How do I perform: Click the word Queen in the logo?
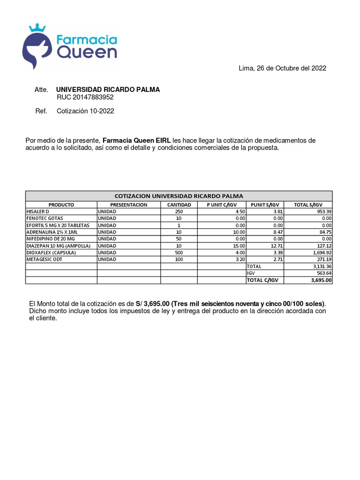coord(87,52)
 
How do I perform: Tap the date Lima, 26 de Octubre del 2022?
coord(282,68)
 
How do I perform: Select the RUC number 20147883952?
coord(85,97)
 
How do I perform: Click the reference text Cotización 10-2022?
coord(85,111)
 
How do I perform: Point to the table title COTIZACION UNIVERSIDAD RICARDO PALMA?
coord(179,196)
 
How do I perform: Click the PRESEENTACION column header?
coord(128,205)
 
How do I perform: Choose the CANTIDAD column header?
coord(179,205)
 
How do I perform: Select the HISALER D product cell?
coord(41,212)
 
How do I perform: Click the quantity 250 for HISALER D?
coord(179,212)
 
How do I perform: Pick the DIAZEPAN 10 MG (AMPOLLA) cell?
coord(59,246)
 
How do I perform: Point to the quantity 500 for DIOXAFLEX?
coord(179,252)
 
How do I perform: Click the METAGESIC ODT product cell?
coord(45,259)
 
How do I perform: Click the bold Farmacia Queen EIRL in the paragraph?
coord(136,141)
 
